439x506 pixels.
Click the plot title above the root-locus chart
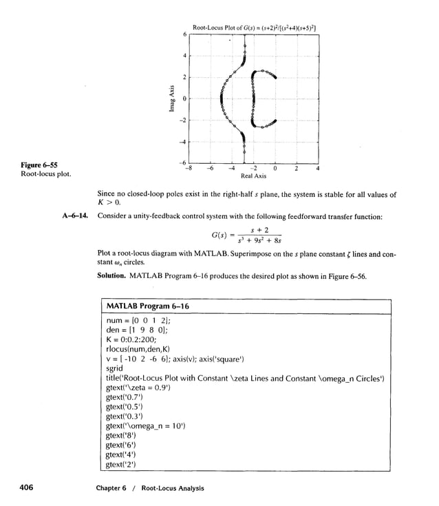tap(254, 28)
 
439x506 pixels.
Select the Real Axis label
tap(253, 176)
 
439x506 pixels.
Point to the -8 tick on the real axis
tap(189, 167)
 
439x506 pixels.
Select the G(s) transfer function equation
tap(250, 237)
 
